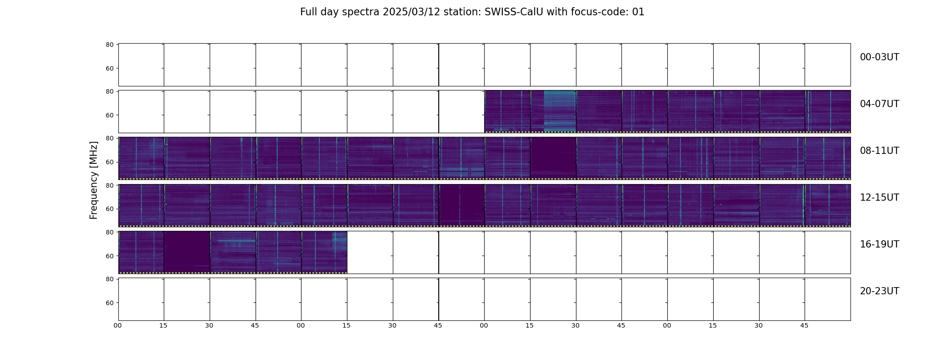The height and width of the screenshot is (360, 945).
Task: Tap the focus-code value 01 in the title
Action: [x=638, y=12]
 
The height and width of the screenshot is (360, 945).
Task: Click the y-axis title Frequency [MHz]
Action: [x=94, y=180]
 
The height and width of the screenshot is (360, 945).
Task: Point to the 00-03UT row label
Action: [x=879, y=57]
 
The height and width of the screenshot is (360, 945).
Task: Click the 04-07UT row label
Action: [x=879, y=104]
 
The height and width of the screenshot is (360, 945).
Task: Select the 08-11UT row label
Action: [x=879, y=151]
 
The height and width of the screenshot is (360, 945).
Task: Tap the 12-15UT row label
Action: [x=879, y=198]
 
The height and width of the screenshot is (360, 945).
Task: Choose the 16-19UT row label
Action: [x=879, y=244]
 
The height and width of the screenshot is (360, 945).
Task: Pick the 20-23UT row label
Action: [x=879, y=291]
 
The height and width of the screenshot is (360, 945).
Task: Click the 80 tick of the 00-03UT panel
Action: [x=109, y=45]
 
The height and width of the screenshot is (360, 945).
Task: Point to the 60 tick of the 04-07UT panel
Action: [x=109, y=115]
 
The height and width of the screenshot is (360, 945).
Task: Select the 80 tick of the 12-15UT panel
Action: [x=109, y=185]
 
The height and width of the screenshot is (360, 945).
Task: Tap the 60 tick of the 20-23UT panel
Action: [x=109, y=303]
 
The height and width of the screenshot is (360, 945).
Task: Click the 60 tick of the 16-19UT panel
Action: [x=109, y=256]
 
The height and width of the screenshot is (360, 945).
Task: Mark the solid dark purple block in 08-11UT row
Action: [x=553, y=157]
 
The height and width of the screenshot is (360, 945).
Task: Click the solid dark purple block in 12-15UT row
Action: [x=462, y=204]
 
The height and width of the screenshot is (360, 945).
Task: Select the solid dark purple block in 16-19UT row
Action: [x=187, y=251]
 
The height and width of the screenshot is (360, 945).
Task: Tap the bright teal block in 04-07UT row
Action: [x=560, y=111]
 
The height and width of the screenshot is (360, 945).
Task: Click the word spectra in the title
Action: [x=361, y=12]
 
